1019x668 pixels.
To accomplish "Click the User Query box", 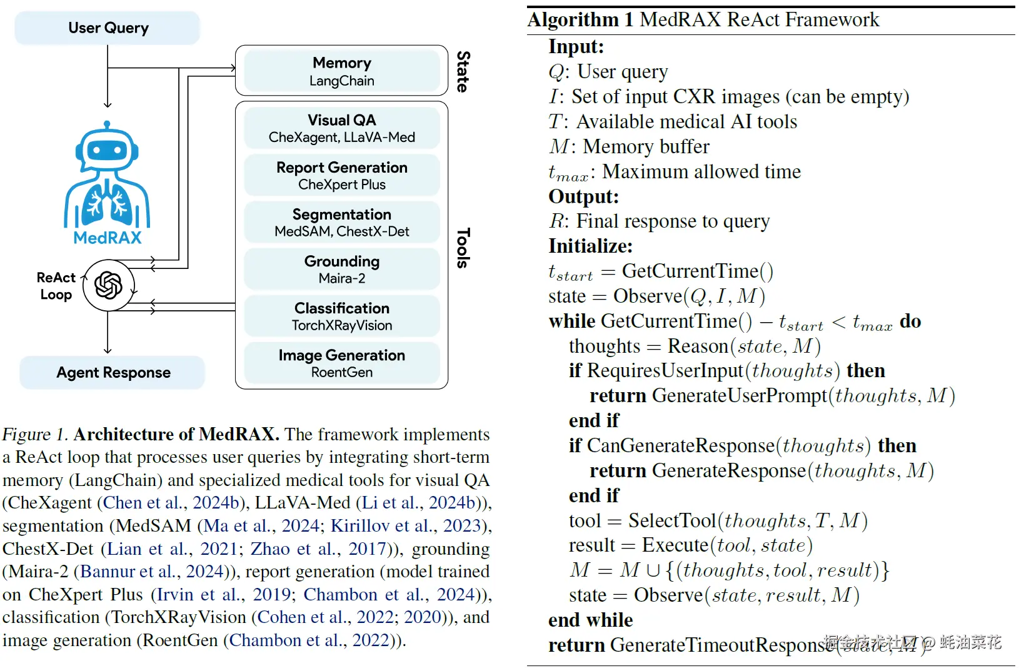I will click(x=108, y=28).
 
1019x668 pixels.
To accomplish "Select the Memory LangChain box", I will click(x=341, y=71).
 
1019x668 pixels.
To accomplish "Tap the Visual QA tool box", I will click(x=341, y=128).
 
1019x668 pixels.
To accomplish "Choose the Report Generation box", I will click(x=341, y=175).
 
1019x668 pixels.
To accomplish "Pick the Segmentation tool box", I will click(x=341, y=222).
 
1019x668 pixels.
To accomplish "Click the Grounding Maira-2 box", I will click(x=341, y=269).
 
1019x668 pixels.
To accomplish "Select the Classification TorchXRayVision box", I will click(x=341, y=316).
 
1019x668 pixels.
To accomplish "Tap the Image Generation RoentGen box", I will click(x=341, y=363).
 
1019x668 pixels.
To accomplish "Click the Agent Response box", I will click(x=113, y=373).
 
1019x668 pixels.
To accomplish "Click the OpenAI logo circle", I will click(x=108, y=286).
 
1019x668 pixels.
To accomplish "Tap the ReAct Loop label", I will click(x=56, y=286).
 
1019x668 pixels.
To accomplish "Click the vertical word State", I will click(x=463, y=71).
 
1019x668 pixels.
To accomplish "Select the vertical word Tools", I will click(x=463, y=248).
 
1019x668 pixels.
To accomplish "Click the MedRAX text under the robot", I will click(x=108, y=238).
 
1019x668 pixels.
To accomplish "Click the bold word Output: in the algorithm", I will click(x=583, y=196).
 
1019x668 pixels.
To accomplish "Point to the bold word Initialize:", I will click(x=590, y=246).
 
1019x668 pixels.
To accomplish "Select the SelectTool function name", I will click(x=672, y=520).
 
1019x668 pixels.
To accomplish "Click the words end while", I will click(x=590, y=620).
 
